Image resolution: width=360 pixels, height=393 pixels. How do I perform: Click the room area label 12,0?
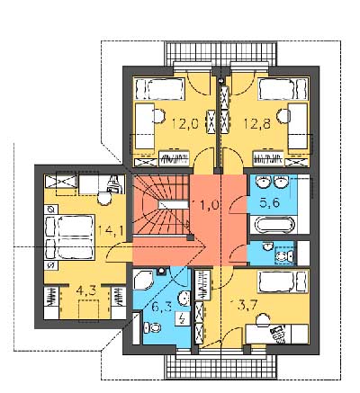pos(185,123)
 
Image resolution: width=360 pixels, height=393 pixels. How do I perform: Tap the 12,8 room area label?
pos(256,123)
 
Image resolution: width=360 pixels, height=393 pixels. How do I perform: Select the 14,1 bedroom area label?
pos(112,231)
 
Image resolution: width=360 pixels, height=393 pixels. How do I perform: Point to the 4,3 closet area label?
pos(86,291)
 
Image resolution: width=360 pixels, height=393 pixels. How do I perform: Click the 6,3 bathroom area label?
pos(164,308)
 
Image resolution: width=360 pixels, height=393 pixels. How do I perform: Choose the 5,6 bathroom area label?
pos(269,202)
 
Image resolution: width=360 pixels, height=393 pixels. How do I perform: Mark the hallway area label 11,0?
pos(208,205)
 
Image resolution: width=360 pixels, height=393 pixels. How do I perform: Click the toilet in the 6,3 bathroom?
pos(152,327)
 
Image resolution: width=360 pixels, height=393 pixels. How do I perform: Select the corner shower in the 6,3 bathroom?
pos(143,280)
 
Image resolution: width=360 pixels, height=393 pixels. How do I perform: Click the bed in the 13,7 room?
pos(283,281)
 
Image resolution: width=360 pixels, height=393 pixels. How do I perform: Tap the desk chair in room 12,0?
pos(158,115)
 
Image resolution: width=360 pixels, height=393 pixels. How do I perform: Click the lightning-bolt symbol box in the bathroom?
pos(183,318)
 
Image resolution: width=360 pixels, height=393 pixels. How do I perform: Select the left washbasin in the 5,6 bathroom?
pos(263,182)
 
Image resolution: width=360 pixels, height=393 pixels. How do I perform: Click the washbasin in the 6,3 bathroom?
pos(184,299)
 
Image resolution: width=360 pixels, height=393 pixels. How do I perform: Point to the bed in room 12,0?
pos(159,89)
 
